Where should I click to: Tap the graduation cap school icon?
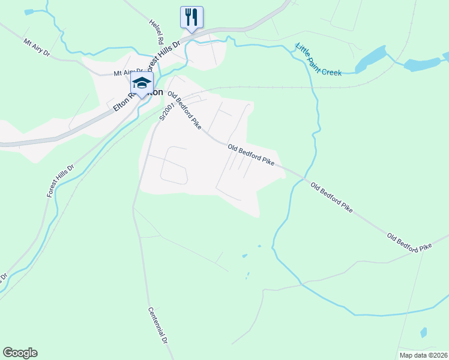[x=142, y=83]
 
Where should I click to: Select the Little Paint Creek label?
[x=318, y=59]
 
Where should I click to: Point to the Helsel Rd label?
[x=157, y=31]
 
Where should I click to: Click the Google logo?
[x=20, y=353]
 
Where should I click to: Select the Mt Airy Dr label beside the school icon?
[x=129, y=73]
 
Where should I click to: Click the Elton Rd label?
[x=122, y=103]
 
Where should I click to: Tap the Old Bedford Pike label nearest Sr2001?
[x=184, y=110]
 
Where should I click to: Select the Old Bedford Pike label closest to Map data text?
[x=409, y=241]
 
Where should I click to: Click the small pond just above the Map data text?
[x=424, y=332]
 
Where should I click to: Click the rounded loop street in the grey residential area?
[x=174, y=164]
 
